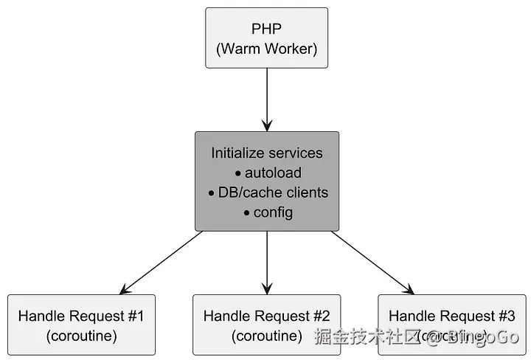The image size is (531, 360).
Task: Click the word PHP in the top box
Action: pos(266,29)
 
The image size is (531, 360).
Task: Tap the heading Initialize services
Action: pos(266,153)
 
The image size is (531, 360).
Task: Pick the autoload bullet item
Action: pos(271,173)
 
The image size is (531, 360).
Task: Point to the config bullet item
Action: pos(273,212)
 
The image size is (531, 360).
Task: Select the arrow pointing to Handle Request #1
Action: pos(161,262)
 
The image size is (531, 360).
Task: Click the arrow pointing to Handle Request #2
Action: pos(266,262)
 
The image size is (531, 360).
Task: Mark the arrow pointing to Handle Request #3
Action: pos(372,262)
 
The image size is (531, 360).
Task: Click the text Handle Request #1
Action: pos(81,316)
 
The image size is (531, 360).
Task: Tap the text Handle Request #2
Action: pos(266,316)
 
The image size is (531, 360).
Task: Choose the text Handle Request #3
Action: pos(451,316)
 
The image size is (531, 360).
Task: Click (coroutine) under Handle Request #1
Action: pos(81,336)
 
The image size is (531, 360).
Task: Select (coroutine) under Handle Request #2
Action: pos(266,336)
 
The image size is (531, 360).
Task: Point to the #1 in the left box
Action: pos(135,316)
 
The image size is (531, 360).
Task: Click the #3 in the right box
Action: pos(506,316)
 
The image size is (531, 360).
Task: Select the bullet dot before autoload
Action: pos(237,174)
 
